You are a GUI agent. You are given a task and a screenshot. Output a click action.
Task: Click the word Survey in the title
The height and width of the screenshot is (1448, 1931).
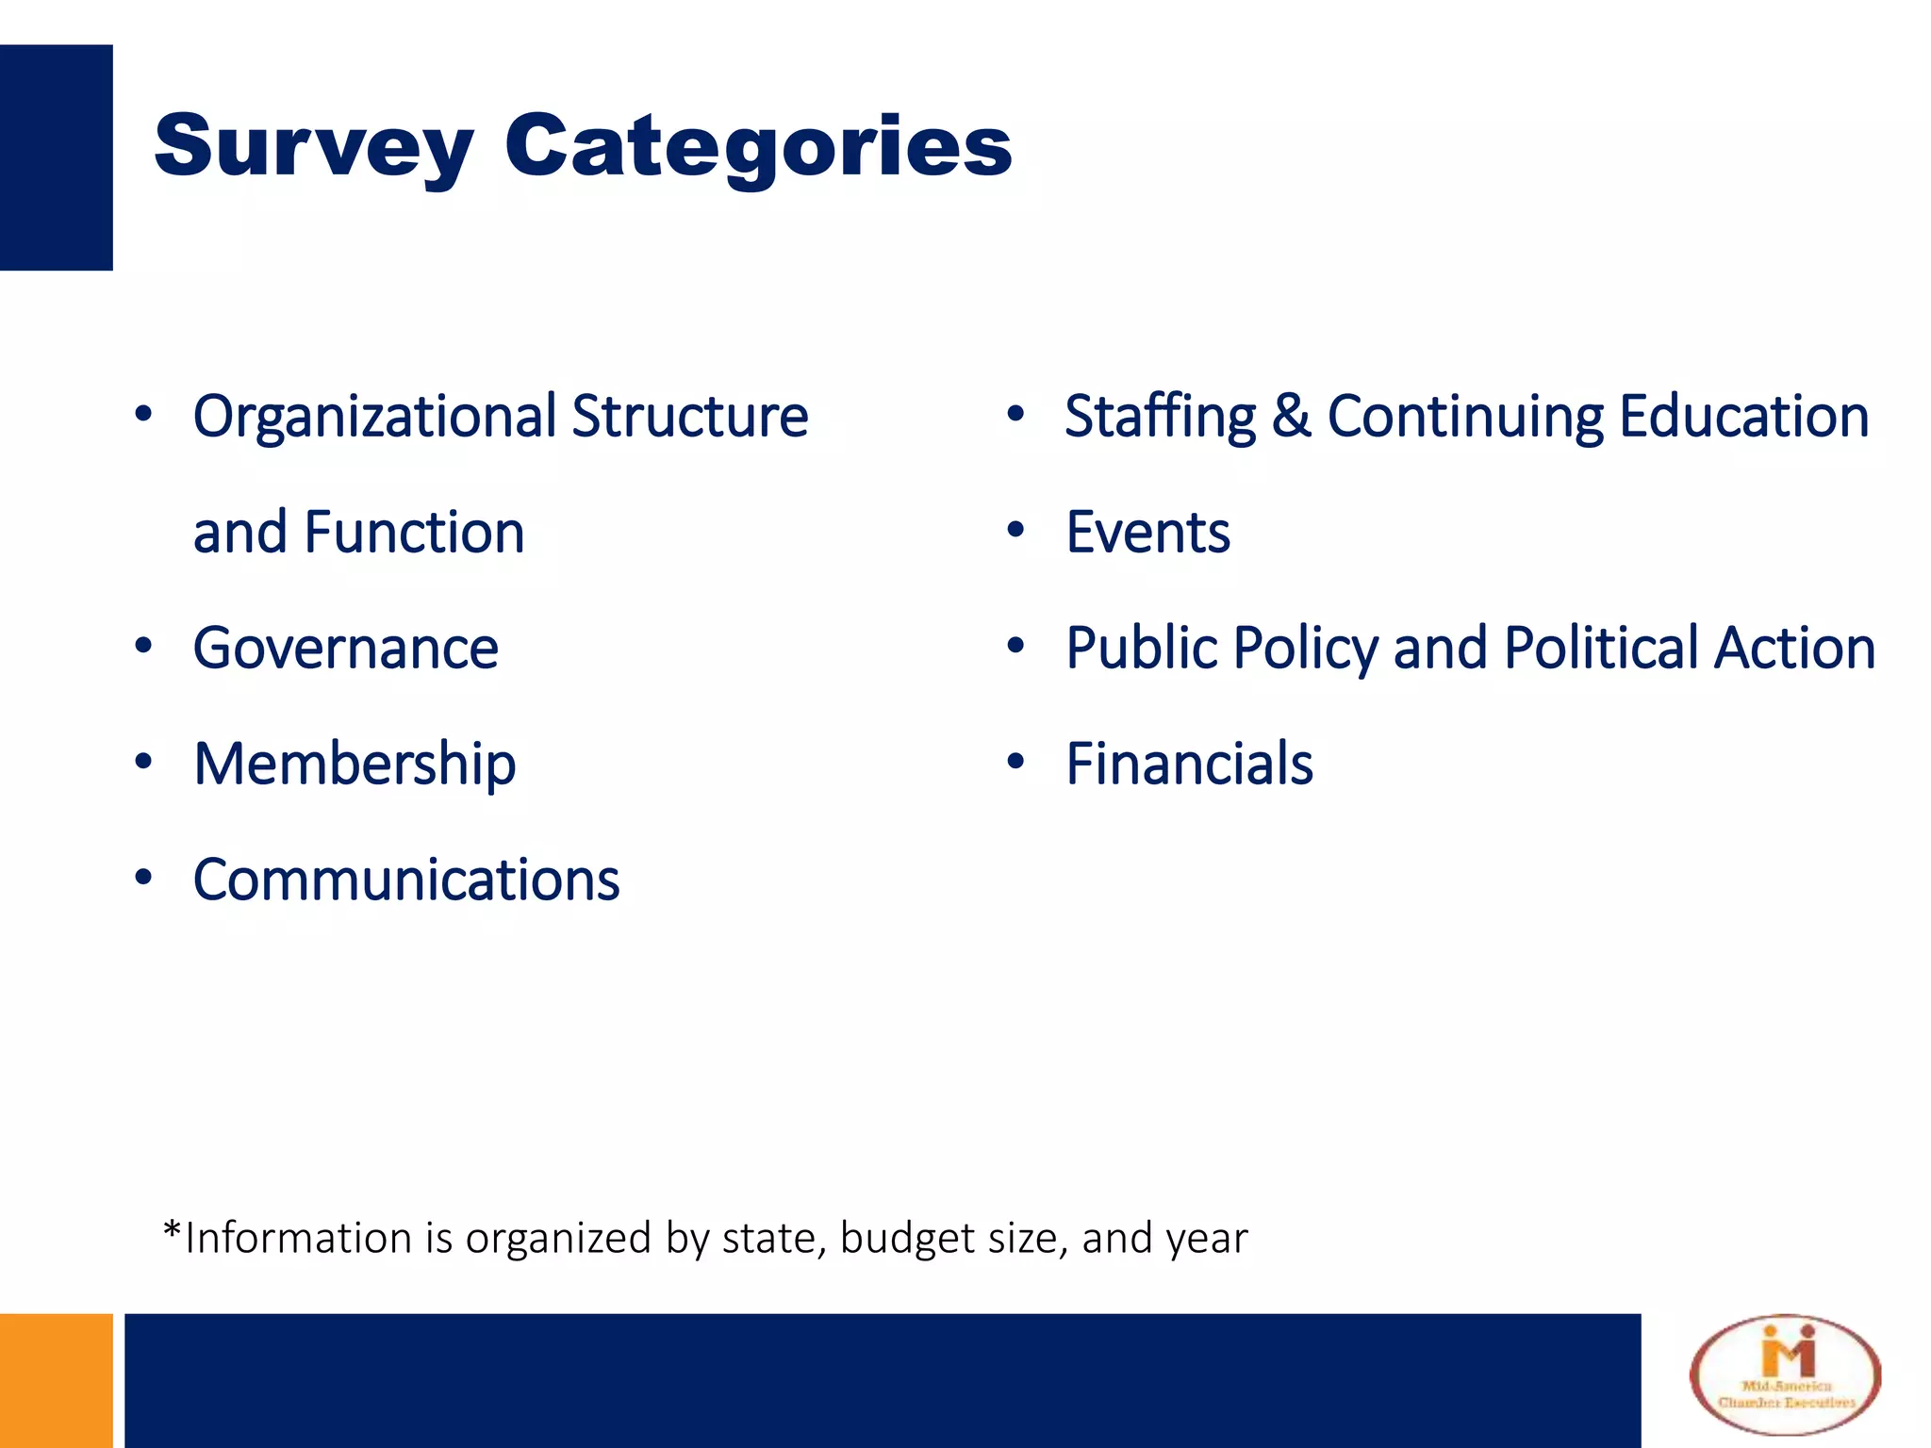tap(313, 146)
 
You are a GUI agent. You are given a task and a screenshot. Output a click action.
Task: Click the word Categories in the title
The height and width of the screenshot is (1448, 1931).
tap(758, 146)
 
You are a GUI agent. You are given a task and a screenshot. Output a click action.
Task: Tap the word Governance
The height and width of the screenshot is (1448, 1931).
tap(345, 649)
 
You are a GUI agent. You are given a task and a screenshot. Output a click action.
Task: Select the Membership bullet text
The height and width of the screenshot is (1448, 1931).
tap(355, 765)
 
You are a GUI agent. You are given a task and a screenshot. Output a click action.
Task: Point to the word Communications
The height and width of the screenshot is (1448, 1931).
tap(406, 880)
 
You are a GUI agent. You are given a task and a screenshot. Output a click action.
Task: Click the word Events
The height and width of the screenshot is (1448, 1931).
tap(1147, 533)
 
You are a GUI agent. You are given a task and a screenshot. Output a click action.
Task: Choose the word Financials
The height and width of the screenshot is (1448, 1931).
tap(1189, 765)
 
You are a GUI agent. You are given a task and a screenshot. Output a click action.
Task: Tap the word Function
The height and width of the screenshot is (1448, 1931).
tap(414, 533)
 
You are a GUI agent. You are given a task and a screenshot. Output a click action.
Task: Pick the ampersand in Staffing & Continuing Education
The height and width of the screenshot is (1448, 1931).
tap(1291, 417)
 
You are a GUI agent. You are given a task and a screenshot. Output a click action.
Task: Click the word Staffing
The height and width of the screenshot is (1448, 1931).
tap(1160, 417)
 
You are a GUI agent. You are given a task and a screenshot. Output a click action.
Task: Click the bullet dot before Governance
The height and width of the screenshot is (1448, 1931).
tap(143, 647)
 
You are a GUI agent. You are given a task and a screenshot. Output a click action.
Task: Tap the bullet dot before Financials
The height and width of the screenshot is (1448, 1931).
tap(1015, 762)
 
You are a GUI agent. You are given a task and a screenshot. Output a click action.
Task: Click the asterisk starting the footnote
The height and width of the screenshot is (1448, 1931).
tap(172, 1230)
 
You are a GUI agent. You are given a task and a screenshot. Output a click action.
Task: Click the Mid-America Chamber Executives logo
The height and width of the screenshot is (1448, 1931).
tap(1785, 1375)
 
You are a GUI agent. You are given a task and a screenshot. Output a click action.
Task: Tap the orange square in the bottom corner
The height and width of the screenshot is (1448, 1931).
tap(56, 1380)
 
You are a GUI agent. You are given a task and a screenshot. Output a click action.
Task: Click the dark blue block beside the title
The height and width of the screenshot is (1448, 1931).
tap(56, 157)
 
